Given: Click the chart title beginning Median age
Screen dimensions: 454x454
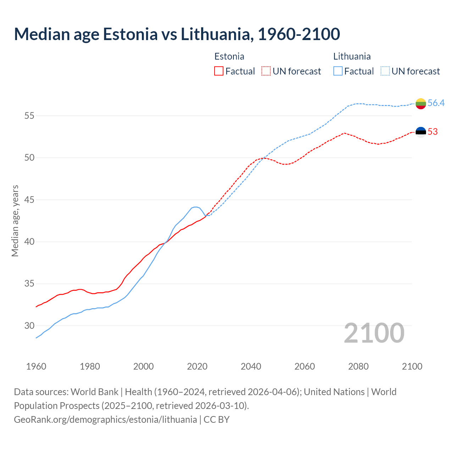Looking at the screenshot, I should [x=177, y=34].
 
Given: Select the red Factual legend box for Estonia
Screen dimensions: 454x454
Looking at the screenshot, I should [x=219, y=71].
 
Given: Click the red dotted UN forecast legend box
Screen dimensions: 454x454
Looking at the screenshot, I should [x=266, y=71].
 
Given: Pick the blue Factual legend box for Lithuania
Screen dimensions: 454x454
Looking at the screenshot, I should [x=338, y=71].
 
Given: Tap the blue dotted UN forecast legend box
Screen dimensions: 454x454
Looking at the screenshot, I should [x=385, y=71].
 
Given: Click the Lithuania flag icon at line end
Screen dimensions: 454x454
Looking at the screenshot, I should [x=421, y=104].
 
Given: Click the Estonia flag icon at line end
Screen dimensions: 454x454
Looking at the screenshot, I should [x=421, y=132].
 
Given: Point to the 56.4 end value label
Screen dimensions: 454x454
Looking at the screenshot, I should [x=436, y=103].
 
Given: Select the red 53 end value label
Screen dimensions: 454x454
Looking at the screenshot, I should [x=433, y=132].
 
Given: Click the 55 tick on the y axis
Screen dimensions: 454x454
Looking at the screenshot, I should [x=29, y=116].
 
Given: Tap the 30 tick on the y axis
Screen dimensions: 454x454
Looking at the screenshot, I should [x=29, y=326].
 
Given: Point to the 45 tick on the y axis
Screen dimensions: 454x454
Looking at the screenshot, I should [x=29, y=200].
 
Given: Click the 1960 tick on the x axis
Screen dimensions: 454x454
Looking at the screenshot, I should [x=36, y=366].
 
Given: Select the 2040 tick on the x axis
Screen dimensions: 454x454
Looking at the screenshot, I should [x=251, y=366].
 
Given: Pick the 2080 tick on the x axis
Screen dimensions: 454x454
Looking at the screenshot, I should [x=358, y=366].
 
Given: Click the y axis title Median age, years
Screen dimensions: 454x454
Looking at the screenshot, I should [x=15, y=221].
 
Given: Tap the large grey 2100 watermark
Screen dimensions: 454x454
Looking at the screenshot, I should [x=374, y=333].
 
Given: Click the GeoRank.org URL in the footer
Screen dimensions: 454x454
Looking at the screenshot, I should [x=105, y=420].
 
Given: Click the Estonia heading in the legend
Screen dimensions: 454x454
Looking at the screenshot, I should [x=229, y=56].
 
